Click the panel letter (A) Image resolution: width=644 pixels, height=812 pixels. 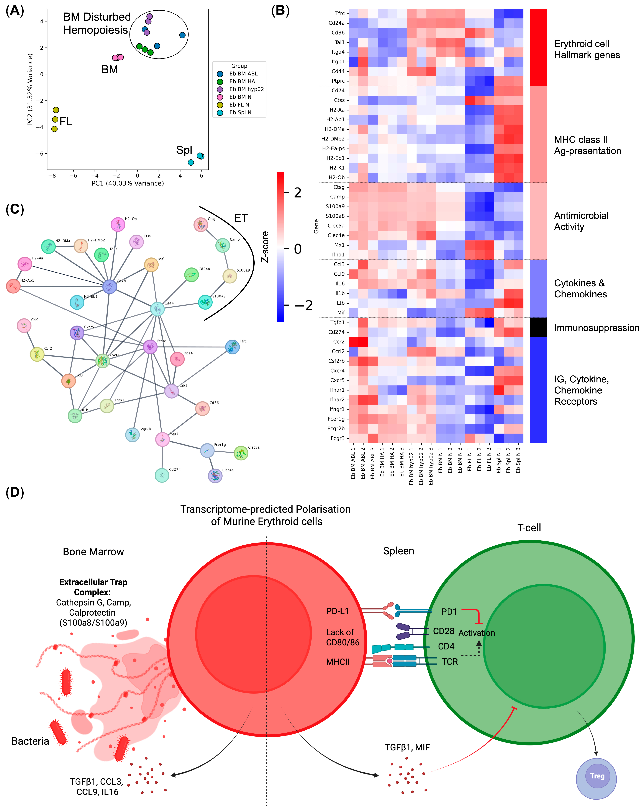coord(15,11)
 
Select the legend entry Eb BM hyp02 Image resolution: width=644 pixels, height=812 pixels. coord(246,89)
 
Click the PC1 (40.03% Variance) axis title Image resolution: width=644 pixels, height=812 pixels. coord(128,183)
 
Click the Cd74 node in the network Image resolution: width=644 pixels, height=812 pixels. coord(110,287)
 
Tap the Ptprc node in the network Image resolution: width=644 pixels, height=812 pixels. coord(150,346)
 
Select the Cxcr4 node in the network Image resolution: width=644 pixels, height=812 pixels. coord(103,361)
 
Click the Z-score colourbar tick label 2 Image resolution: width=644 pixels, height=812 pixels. coord(298,193)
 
